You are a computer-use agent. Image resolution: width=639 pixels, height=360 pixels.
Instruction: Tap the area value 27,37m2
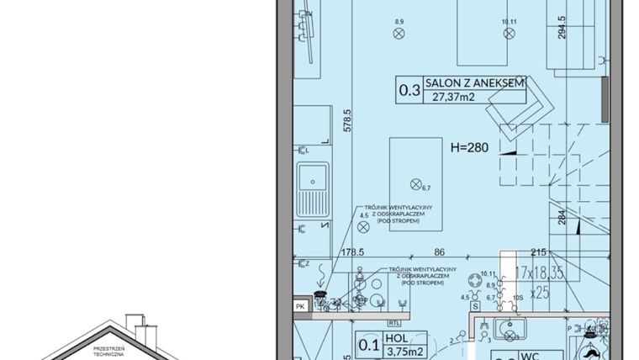pyautogui.click(x=454, y=97)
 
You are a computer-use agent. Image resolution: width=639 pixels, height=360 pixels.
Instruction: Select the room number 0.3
pyautogui.click(x=409, y=89)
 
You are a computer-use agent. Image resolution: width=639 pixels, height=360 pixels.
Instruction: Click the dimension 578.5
pyautogui.click(x=346, y=124)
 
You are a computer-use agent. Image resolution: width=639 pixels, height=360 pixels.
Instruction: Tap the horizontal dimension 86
pyautogui.click(x=439, y=251)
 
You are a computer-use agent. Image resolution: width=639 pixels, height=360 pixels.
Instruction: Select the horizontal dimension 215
pyautogui.click(x=540, y=251)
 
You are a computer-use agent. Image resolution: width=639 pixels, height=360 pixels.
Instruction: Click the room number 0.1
pyautogui.click(x=368, y=344)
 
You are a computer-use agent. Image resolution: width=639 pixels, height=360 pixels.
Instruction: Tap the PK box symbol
pyautogui.click(x=299, y=307)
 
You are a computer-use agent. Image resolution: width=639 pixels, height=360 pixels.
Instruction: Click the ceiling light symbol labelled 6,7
pyautogui.click(x=415, y=183)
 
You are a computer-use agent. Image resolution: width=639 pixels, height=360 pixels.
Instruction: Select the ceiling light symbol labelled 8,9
pyautogui.click(x=399, y=34)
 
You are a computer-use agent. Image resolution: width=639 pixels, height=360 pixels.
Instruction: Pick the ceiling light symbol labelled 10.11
pyautogui.click(x=508, y=34)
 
